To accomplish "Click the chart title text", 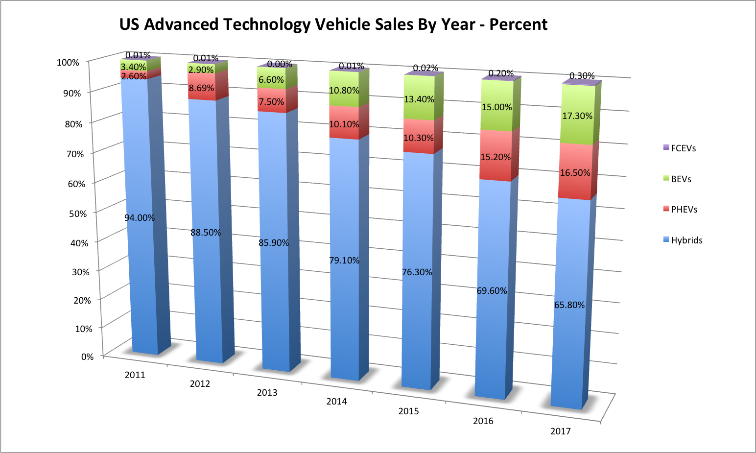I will (333, 24).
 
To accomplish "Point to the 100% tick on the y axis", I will (68, 62).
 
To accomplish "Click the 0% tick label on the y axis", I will (87, 357).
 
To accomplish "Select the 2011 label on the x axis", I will (135, 375).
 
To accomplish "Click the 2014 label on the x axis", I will (336, 402).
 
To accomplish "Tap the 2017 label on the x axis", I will (560, 431).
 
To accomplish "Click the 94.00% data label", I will (140, 218).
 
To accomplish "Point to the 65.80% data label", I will (569, 305).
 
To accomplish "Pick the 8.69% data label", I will (202, 88).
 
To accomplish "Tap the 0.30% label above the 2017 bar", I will (582, 76).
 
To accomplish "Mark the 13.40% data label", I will (419, 99).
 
